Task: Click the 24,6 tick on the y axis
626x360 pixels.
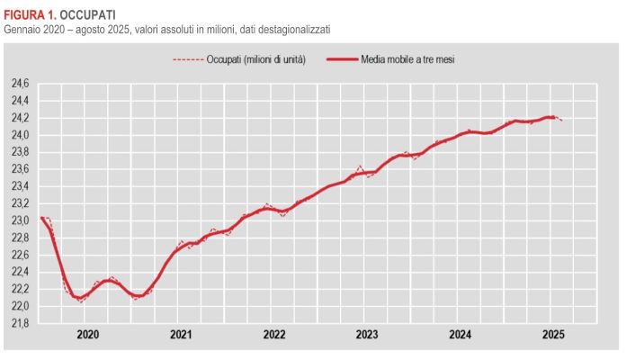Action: pyautogui.click(x=19, y=84)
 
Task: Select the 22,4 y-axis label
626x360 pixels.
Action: pyautogui.click(x=19, y=272)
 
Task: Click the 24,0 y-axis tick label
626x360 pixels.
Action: pyautogui.click(x=19, y=135)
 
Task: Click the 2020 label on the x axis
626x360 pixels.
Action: pyautogui.click(x=88, y=335)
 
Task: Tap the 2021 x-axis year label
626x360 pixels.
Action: pyautogui.click(x=181, y=335)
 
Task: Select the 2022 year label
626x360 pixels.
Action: pyautogui.click(x=274, y=335)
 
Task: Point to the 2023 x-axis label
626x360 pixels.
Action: pyautogui.click(x=367, y=335)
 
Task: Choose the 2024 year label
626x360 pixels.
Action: pyautogui.click(x=461, y=335)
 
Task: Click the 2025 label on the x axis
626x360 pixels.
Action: pyautogui.click(x=553, y=335)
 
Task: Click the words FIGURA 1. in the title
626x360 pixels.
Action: pyautogui.click(x=30, y=15)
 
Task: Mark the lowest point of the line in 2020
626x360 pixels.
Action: pyautogui.click(x=81, y=300)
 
